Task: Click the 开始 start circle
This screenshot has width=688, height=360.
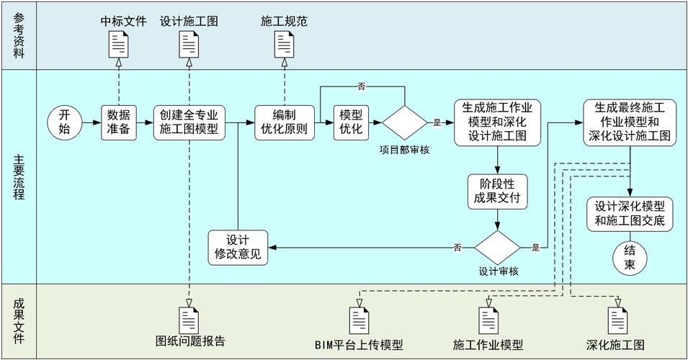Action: coord(65,123)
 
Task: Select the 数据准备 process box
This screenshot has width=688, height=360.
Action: coord(119,123)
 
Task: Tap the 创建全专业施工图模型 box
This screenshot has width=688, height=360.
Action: coord(189,123)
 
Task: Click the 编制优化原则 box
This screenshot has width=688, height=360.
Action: coord(285,123)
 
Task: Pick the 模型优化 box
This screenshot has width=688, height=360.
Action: coord(351,123)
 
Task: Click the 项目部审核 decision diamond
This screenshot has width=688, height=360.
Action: coord(405,123)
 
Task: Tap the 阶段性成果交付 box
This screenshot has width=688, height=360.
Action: coord(497,189)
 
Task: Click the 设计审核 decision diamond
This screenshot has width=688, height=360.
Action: coord(497,248)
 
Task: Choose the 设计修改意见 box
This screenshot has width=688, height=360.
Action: coord(238,248)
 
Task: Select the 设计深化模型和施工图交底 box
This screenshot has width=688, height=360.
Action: coord(630,215)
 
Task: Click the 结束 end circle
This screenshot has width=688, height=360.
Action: coord(630,258)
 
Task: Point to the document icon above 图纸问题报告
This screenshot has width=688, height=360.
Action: coord(189,320)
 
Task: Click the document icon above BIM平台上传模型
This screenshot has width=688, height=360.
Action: coord(359,320)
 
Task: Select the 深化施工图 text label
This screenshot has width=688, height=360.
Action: coord(616,343)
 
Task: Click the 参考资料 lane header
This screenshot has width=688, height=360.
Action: coord(19,35)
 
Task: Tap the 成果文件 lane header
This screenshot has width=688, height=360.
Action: coord(19,320)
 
